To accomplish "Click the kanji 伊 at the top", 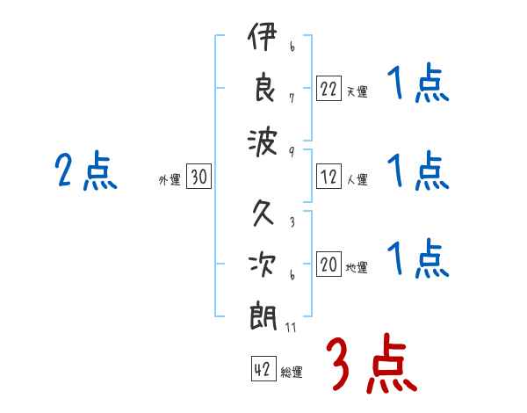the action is pos(263,36).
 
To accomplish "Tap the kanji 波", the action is pos(263,142).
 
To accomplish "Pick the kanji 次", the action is pos(263,264).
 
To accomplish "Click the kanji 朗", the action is pos(263,317).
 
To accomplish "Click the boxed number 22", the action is pos(328,89).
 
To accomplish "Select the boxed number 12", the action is pos(328,177).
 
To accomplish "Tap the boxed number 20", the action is pos(328,264).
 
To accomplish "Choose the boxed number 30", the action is pos(199,176).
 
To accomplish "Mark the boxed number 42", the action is pos(263,368).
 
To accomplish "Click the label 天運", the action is pos(357,91).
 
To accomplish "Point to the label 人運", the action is pos(357,179).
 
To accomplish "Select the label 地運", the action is pos(357,267).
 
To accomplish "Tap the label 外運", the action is pos(170,179).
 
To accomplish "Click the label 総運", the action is pos(292,372).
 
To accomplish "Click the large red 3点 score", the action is pos(372,363).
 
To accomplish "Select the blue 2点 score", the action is pos(86,170).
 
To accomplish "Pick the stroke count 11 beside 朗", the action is pos(291,327).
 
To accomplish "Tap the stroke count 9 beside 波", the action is pos(292,152).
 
